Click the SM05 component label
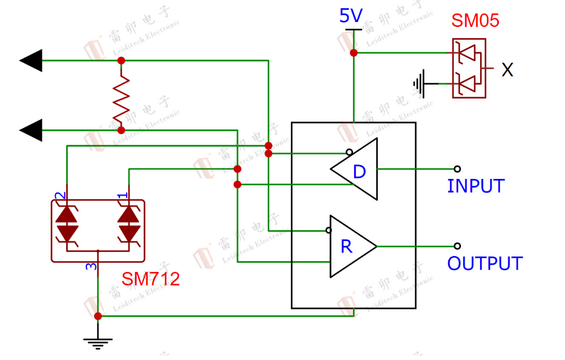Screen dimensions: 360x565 point(475,20)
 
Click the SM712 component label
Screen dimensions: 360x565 point(151,279)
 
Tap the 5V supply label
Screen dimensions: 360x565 point(351,16)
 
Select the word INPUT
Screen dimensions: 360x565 point(476,186)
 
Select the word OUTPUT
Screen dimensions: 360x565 point(485,264)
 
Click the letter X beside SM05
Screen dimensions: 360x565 point(507,70)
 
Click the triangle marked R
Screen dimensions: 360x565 point(350,246)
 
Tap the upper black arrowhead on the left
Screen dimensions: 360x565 point(32,60)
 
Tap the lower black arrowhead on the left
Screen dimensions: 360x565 point(32,130)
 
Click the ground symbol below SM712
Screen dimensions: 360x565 point(98,342)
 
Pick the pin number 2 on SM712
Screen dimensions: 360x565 point(61,195)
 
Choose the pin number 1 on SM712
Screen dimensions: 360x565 point(123,195)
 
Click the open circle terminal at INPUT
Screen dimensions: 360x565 point(457,169)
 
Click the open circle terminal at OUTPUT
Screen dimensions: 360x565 point(457,246)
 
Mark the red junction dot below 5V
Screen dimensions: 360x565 point(354,53)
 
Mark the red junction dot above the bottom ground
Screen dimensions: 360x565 point(98,316)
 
